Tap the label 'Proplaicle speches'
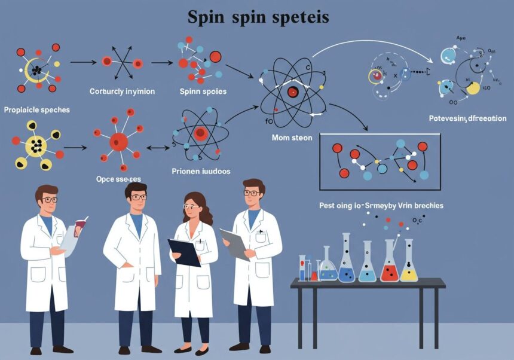(x=36, y=110)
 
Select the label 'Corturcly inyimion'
(x=122, y=91)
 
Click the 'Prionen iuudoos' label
(x=201, y=170)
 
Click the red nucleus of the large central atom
(x=292, y=92)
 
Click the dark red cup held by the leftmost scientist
(x=80, y=224)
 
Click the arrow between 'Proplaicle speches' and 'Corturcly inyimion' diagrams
(x=82, y=62)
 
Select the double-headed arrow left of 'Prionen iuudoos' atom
(x=154, y=148)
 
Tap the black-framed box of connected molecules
(x=380, y=163)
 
